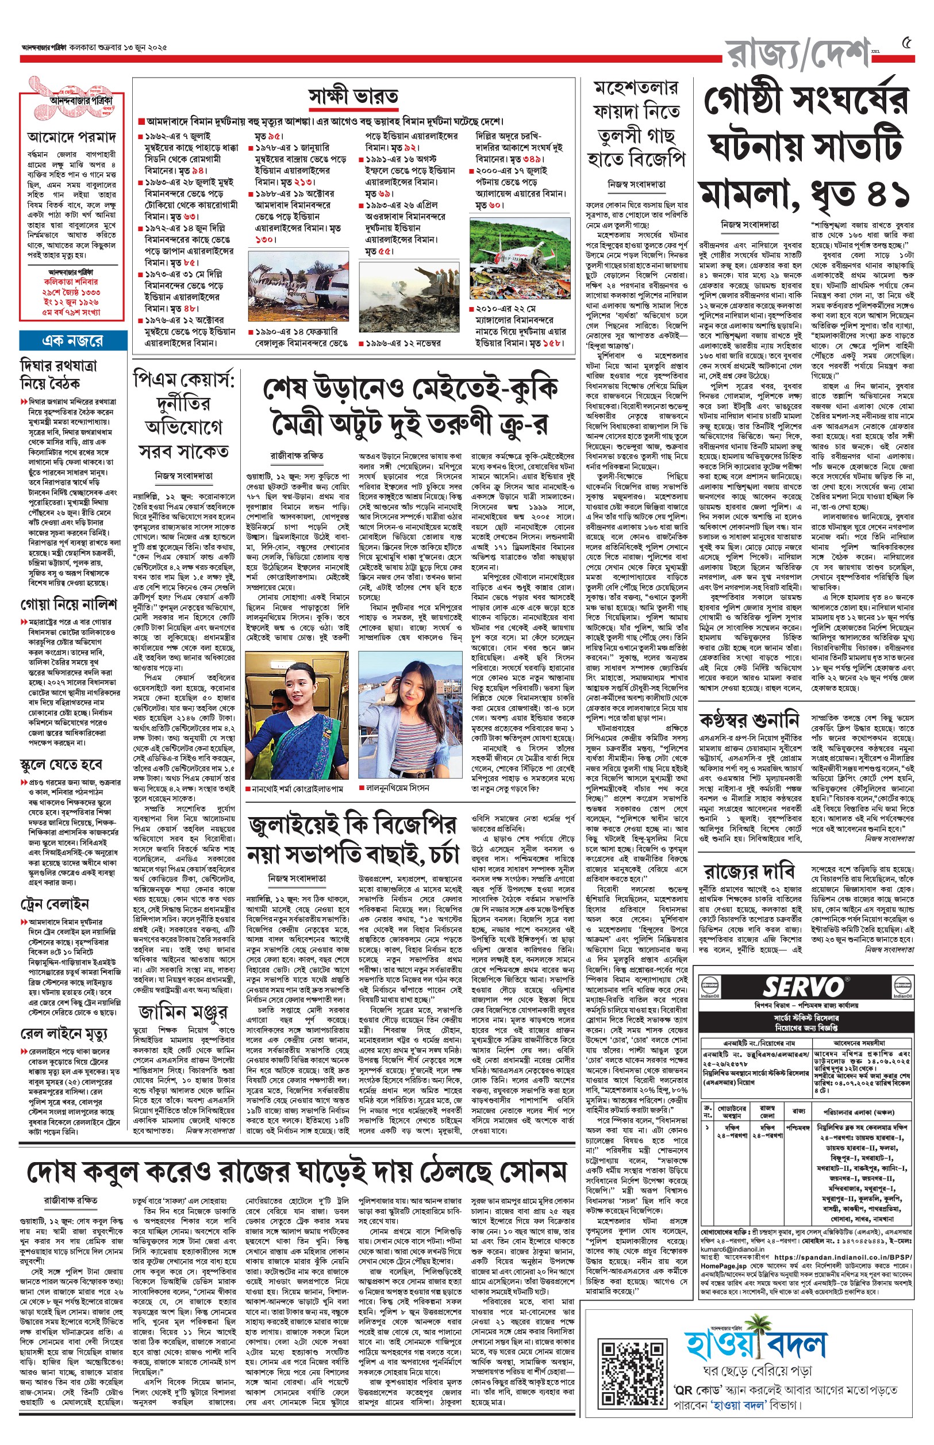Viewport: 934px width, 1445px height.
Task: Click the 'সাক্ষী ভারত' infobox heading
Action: click(x=353, y=97)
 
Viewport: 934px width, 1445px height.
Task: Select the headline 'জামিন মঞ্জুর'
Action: click(x=183, y=1012)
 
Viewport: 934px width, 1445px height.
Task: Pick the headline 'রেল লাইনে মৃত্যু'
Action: click(x=64, y=1033)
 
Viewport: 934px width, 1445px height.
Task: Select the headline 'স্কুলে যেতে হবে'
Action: click(x=62, y=764)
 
